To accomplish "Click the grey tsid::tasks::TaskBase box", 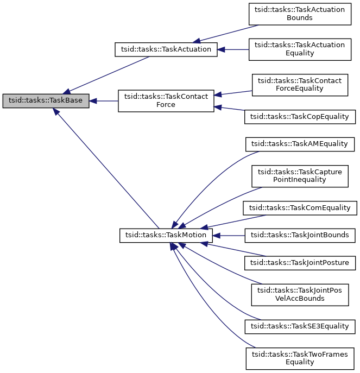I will [x=46, y=101].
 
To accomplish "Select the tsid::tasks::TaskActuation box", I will [x=166, y=49].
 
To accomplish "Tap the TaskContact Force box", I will [x=166, y=100].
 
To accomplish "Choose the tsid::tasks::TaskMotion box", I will [x=166, y=236].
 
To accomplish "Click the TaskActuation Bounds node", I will [x=300, y=14].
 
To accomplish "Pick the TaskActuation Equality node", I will [x=300, y=49].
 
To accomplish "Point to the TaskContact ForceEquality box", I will [x=300, y=85].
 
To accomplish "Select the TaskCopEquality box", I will [x=300, y=116].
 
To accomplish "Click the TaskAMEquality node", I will [x=300, y=144].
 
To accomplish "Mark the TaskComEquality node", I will [x=300, y=208].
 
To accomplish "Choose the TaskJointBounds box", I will [x=300, y=236].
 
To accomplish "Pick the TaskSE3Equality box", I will [x=300, y=326].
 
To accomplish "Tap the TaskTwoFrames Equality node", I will [x=300, y=358].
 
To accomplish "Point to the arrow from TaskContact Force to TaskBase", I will [x=104, y=101].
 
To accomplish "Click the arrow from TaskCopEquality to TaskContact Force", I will [x=230, y=110].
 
